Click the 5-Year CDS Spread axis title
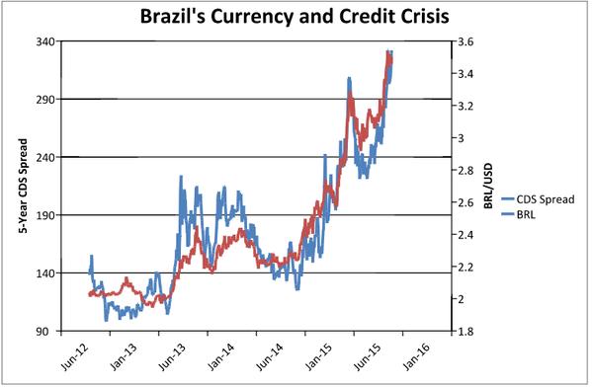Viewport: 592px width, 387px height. coord(22,186)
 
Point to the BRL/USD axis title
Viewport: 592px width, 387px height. coord(489,186)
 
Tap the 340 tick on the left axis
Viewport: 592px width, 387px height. coord(43,41)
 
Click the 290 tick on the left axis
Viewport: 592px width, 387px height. coord(43,99)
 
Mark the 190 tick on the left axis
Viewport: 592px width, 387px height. coord(43,214)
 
